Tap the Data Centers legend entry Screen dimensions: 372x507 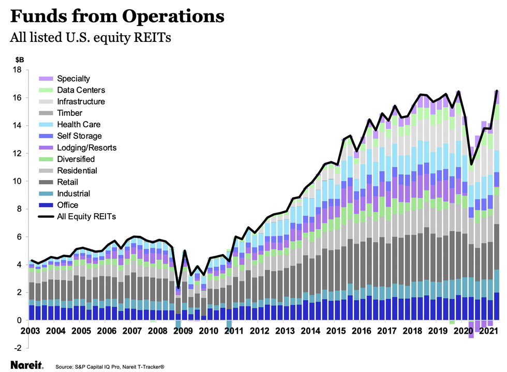(81, 90)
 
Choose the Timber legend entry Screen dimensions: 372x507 (70, 113)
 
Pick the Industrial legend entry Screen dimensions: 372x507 (73, 194)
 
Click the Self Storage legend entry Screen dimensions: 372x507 (80, 136)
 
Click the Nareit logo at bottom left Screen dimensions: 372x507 (26, 364)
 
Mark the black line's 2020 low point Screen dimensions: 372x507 (471, 165)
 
